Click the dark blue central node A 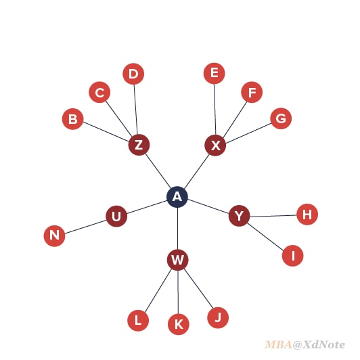(177, 197)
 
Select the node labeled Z (139, 145)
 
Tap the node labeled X (215, 145)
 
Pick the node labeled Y (240, 216)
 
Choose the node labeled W (178, 260)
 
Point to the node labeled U (116, 217)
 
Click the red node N (54, 235)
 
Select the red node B (73, 119)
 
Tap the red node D (133, 74)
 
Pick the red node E (215, 74)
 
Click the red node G (281, 118)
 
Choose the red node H (307, 215)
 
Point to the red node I (293, 256)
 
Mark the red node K (179, 324)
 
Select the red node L (138, 321)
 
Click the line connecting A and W (177, 229)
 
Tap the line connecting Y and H (273, 216)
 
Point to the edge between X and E (215, 110)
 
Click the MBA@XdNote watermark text (305, 344)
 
